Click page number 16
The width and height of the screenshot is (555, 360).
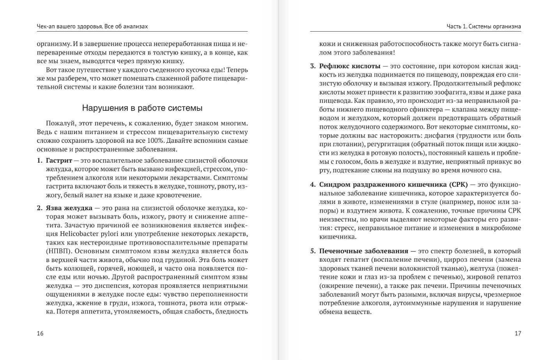pyautogui.click(x=40, y=333)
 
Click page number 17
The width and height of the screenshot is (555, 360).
pyautogui.click(x=518, y=333)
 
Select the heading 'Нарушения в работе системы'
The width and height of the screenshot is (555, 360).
pyautogui.click(x=142, y=108)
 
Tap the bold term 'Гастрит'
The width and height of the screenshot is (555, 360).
pyautogui.click(x=59, y=160)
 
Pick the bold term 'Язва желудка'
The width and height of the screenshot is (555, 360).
pyautogui.click(x=69, y=208)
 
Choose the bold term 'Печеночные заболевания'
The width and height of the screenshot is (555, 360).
pyautogui.click(x=364, y=251)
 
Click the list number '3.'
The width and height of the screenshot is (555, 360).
pyautogui.click(x=313, y=66)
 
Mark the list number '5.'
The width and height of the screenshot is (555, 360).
pyautogui.click(x=313, y=251)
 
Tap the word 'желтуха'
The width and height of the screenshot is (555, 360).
pyautogui.click(x=483, y=268)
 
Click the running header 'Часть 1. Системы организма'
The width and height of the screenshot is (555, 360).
pyautogui.click(x=484, y=27)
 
